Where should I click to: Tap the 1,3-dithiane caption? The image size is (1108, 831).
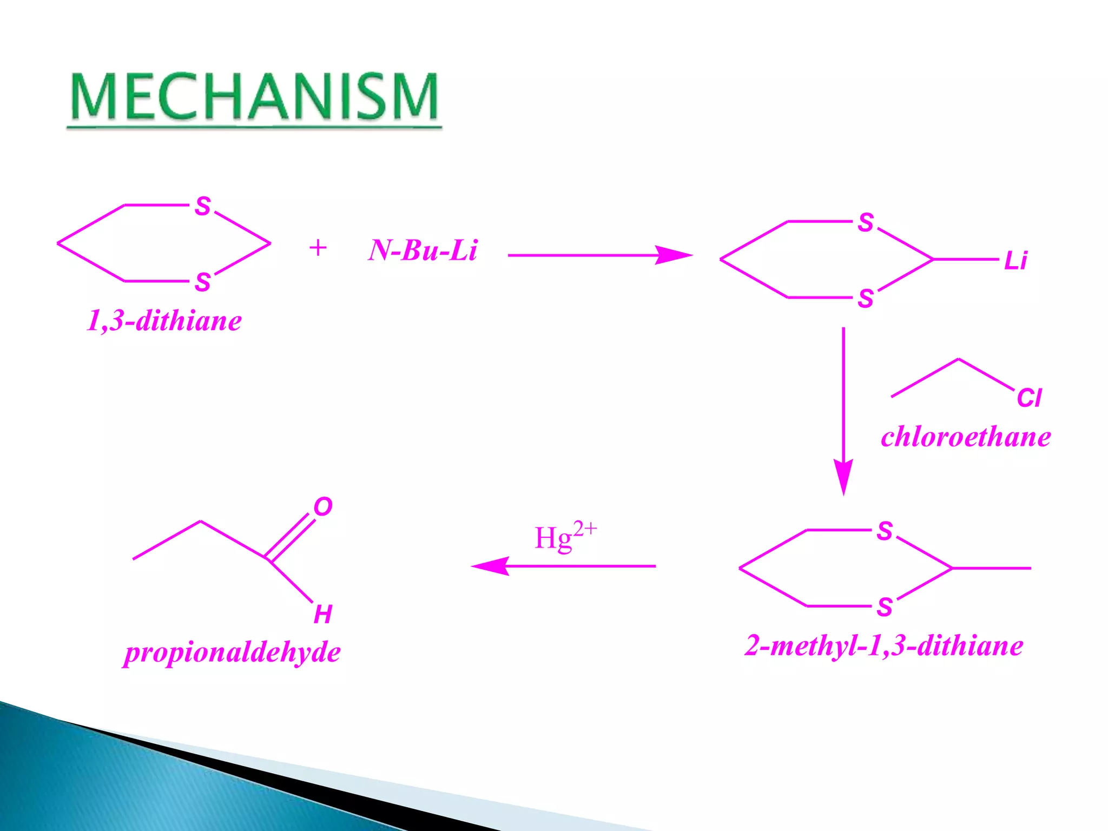tap(164, 321)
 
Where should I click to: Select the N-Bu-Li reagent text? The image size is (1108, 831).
tap(423, 250)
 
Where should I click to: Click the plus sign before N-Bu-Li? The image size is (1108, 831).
tap(318, 248)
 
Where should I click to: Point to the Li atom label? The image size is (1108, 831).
tap(1015, 261)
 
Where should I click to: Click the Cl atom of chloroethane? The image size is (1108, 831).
tap(1028, 398)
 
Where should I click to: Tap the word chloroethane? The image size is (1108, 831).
tap(966, 437)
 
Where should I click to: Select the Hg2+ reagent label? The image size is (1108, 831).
tap(565, 537)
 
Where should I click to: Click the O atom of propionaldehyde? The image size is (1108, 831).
tap(323, 507)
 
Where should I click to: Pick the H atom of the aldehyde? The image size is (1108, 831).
tap(323, 615)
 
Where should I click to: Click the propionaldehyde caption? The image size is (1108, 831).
tap(232, 652)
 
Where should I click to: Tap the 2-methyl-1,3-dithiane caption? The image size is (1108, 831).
tap(884, 645)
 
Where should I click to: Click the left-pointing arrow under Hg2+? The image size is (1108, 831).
tap(563, 566)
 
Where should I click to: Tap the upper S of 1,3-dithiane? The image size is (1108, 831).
tap(203, 206)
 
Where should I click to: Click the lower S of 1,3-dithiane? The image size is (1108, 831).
tap(203, 282)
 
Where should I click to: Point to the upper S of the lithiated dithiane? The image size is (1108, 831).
tap(866, 222)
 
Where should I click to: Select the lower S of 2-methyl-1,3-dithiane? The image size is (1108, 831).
tap(885, 607)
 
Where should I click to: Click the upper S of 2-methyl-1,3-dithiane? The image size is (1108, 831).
tap(885, 531)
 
